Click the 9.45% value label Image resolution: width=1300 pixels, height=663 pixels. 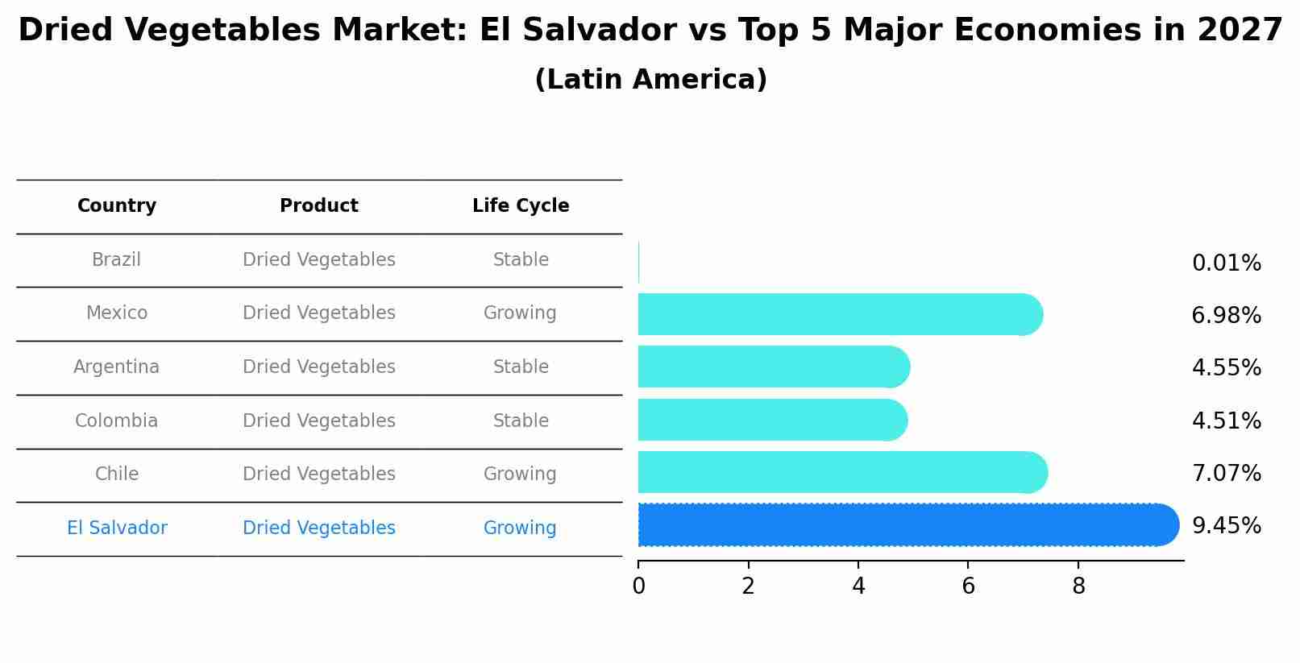[x=1226, y=526]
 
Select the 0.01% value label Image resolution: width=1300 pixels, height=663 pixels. [x=1226, y=263]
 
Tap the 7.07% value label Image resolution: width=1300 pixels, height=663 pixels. [x=1226, y=473]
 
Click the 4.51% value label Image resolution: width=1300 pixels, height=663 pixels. [x=1226, y=421]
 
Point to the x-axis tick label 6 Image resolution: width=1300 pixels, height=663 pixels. [x=968, y=586]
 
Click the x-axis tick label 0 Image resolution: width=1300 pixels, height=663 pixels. [x=638, y=586]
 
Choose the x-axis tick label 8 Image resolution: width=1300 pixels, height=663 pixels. [x=1078, y=586]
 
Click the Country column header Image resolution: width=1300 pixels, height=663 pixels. [x=117, y=206]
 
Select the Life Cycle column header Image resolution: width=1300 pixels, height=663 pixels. [x=521, y=206]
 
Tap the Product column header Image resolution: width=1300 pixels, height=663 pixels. [x=319, y=206]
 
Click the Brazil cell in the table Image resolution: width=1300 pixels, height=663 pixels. [x=117, y=260]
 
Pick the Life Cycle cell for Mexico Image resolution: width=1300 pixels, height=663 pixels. [x=520, y=313]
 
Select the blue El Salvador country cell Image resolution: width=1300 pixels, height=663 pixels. [x=117, y=528]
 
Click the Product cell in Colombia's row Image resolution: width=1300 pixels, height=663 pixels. [x=319, y=421]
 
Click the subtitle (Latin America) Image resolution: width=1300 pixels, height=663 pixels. [x=650, y=80]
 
